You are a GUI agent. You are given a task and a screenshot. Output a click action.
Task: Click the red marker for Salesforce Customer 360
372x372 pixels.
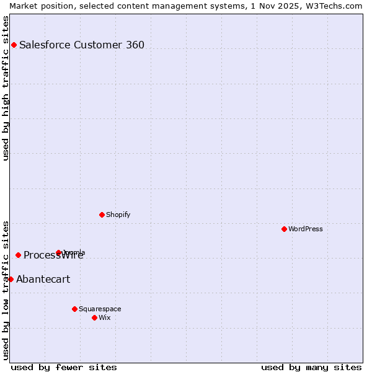(14, 45)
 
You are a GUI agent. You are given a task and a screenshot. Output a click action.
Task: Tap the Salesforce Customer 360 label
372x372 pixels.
(82, 45)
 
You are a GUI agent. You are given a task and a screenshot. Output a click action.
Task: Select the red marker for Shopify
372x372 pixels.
(102, 215)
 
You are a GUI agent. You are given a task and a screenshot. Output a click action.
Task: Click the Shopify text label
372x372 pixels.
(118, 215)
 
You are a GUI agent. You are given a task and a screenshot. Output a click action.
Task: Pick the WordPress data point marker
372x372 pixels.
(284, 229)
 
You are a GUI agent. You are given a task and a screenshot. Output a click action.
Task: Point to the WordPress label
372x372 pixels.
(306, 229)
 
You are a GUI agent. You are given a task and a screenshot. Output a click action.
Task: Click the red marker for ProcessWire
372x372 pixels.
(18, 255)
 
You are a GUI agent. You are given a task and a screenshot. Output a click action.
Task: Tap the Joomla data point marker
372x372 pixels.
(58, 252)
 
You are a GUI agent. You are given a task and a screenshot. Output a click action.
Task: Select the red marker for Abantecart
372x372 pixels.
(11, 279)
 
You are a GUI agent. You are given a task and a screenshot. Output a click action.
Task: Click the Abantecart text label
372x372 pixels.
(43, 279)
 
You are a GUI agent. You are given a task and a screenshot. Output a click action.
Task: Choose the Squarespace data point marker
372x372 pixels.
(74, 309)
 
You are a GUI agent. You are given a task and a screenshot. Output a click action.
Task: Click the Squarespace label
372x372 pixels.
(100, 309)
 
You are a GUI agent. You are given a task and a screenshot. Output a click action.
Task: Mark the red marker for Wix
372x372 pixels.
(94, 317)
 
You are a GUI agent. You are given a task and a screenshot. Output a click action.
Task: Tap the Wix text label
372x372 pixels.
(105, 317)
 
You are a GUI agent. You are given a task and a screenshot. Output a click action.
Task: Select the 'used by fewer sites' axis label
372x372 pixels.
(64, 367)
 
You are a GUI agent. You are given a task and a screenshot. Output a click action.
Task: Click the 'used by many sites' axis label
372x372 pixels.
(311, 367)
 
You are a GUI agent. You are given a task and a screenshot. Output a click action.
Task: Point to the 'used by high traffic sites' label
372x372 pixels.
(6, 88)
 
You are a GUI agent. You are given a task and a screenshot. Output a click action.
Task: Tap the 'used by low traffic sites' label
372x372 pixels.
(6, 290)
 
